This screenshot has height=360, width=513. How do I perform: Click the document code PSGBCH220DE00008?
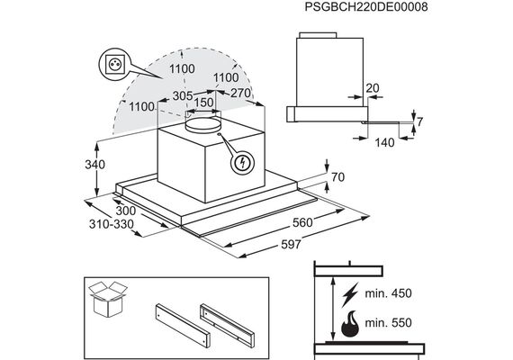pyautogui.click(x=366, y=6)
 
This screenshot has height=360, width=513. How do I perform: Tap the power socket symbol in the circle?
pyautogui.click(x=115, y=64)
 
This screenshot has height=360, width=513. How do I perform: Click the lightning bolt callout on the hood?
pyautogui.click(x=242, y=163)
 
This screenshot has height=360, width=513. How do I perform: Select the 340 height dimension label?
pyautogui.click(x=94, y=165)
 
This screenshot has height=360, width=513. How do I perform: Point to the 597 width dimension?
pyautogui.click(x=291, y=244)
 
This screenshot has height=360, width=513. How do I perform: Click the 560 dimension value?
pyautogui.click(x=302, y=222)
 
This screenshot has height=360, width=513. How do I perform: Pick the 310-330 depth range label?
pyautogui.click(x=112, y=224)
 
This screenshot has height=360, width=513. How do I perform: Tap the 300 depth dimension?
pyautogui.click(x=126, y=211)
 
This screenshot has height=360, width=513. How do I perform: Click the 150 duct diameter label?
pyautogui.click(x=203, y=103)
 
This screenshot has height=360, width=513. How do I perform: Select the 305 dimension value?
pyautogui.click(x=183, y=96)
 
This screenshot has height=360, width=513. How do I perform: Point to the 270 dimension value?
pyautogui.click(x=240, y=93)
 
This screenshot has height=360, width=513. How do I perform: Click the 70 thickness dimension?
pyautogui.click(x=338, y=177)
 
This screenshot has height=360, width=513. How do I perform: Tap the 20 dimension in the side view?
pyautogui.click(x=373, y=88)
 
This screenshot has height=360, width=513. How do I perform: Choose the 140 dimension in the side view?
pyautogui.click(x=384, y=143)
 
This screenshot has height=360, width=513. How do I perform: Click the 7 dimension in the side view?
pyautogui.click(x=419, y=121)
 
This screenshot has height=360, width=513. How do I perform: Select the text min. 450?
pyautogui.click(x=388, y=293)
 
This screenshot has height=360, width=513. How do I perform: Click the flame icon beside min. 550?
pyautogui.click(x=350, y=323)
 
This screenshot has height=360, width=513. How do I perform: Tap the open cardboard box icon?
pyautogui.click(x=108, y=299)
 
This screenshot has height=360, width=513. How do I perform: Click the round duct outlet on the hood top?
pyautogui.click(x=202, y=124)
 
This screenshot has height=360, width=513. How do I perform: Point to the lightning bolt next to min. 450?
pyautogui.click(x=350, y=295)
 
